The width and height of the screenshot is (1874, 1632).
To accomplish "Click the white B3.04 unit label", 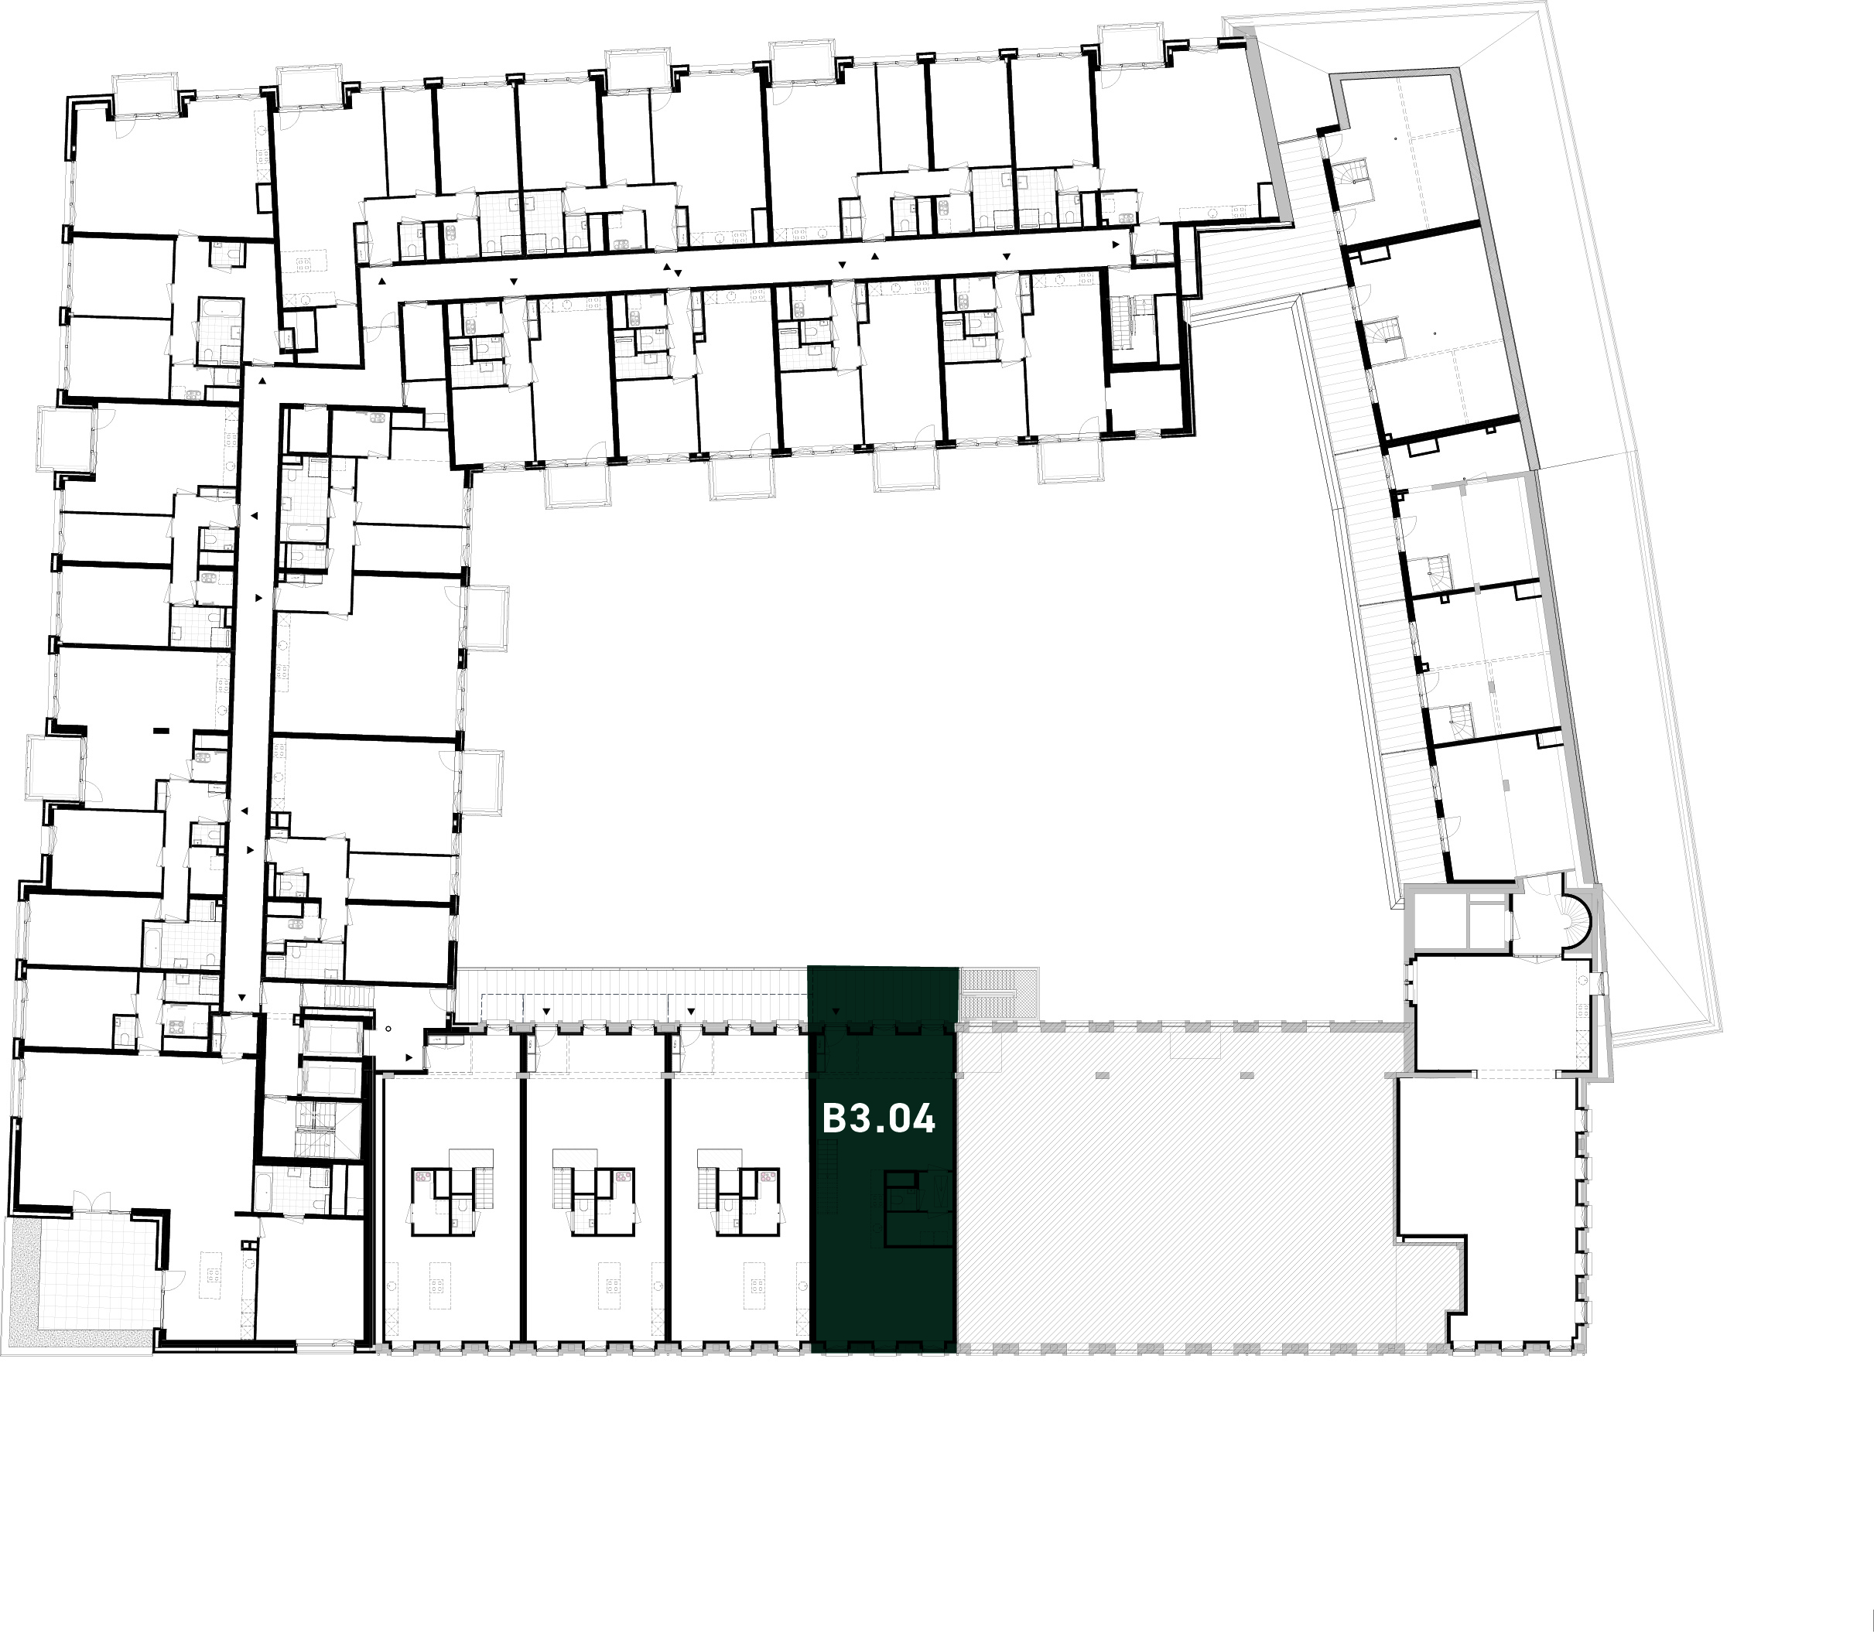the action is pyautogui.click(x=878, y=1118).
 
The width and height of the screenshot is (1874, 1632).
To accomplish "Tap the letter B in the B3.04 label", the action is pyautogui.click(x=833, y=1118).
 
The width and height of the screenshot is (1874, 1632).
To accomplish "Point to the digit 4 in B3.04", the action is pyautogui.click(x=924, y=1118).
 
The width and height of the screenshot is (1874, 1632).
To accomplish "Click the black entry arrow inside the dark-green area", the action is pyautogui.click(x=836, y=1011).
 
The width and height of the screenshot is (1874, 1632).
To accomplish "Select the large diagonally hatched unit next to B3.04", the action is pyautogui.click(x=1175, y=1193).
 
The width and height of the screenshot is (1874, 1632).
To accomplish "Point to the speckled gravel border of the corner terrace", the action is pyautogui.click(x=22, y=1284).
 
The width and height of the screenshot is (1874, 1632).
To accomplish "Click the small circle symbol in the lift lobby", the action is pyautogui.click(x=388, y=1029).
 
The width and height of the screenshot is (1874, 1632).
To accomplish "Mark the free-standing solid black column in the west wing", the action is pyautogui.click(x=162, y=729).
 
